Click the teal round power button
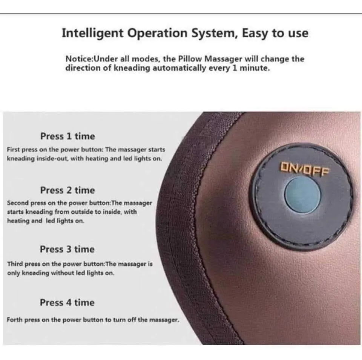pyautogui.click(x=302, y=194)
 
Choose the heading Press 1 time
pyautogui.click(x=67, y=136)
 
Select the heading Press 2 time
pyautogui.click(x=67, y=190)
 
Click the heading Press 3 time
pyautogui.click(x=67, y=249)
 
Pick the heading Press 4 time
pyautogui.click(x=67, y=303)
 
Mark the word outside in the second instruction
pyautogui.click(x=82, y=212)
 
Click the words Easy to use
pyautogui.click(x=275, y=33)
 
